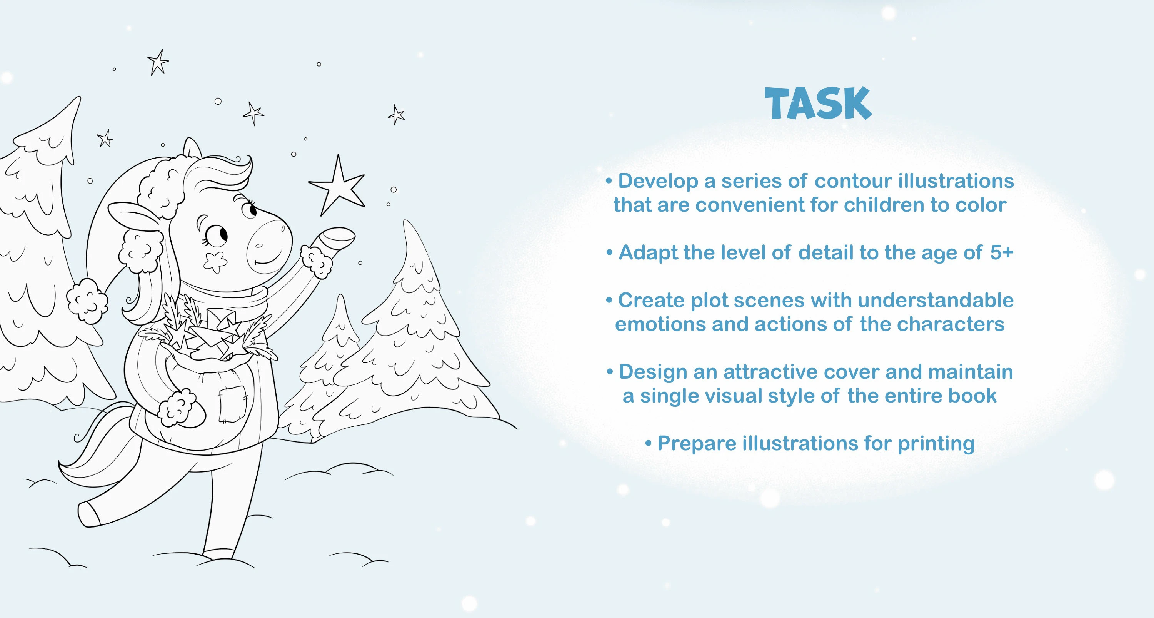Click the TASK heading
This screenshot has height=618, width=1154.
[x=818, y=104]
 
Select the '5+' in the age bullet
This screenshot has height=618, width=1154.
[x=1001, y=252]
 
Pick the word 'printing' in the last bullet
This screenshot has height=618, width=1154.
[x=936, y=443]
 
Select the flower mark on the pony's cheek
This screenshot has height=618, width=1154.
[x=215, y=262]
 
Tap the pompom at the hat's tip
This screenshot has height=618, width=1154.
[x=87, y=300]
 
